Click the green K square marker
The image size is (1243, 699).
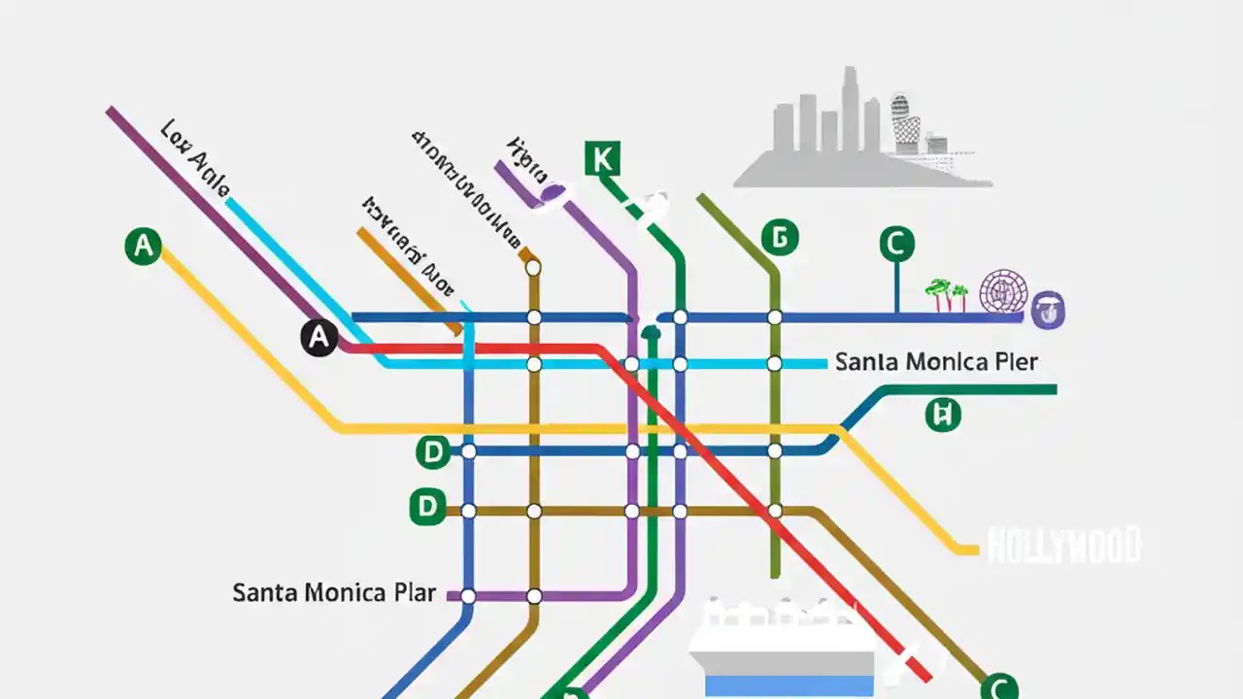tap(602, 158)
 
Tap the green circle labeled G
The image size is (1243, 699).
tap(779, 237)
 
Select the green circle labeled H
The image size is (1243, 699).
tap(941, 416)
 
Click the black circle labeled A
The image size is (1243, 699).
tap(319, 338)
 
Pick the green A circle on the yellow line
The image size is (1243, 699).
tap(144, 247)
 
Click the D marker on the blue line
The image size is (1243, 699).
tap(433, 451)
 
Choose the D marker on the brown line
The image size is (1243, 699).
tap(426, 506)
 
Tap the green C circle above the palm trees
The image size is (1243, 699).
tap(896, 244)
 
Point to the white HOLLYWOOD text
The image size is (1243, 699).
tap(1063, 546)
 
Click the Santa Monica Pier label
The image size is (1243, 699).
tap(936, 362)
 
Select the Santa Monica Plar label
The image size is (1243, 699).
tap(333, 592)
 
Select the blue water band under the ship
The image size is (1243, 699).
tap(789, 683)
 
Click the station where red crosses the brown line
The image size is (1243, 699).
tap(775, 511)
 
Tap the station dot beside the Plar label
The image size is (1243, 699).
tap(468, 596)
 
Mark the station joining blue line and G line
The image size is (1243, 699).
tap(775, 317)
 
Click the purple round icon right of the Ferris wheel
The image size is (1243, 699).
tap(1046, 309)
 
